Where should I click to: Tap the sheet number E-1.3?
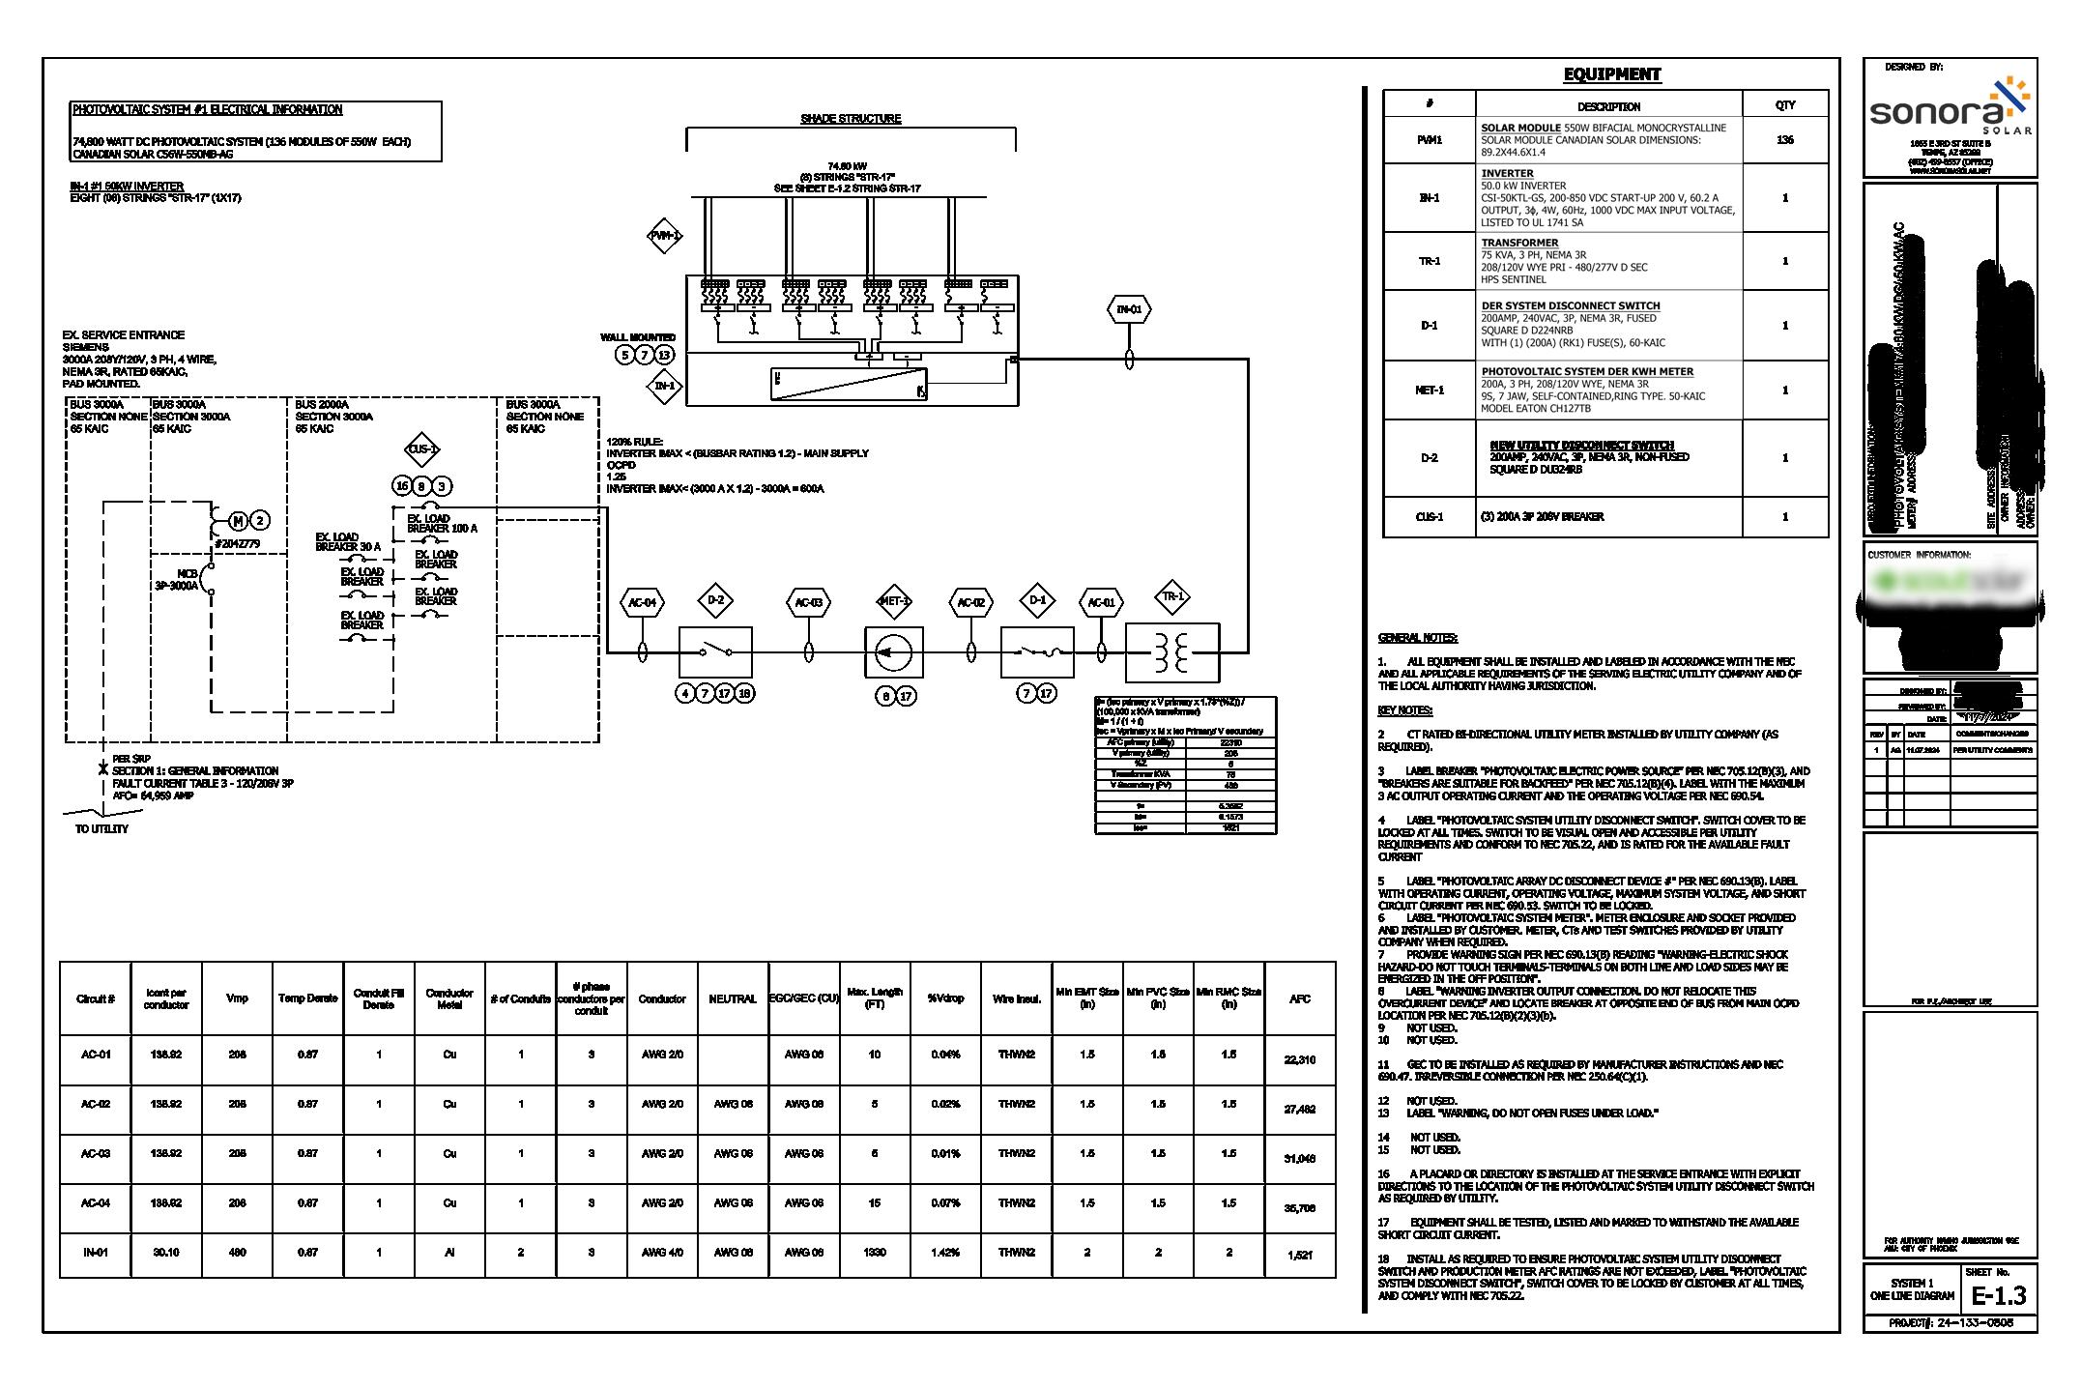(x=1998, y=1296)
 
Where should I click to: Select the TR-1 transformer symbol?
(x=1171, y=653)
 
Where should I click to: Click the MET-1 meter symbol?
(x=893, y=652)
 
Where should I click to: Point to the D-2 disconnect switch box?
(x=715, y=652)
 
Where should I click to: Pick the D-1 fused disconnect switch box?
(x=1036, y=652)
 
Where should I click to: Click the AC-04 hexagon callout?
(x=642, y=603)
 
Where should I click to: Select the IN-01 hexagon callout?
(x=1128, y=310)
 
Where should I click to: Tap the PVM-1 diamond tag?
(x=664, y=236)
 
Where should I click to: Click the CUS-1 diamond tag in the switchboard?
(x=422, y=449)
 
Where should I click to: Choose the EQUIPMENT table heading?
(x=1611, y=74)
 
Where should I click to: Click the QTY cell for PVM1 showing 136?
(x=1784, y=140)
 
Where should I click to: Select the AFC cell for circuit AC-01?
(x=1299, y=1060)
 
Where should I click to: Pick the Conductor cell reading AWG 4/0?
(x=662, y=1253)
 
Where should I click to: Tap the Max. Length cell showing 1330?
(x=874, y=1253)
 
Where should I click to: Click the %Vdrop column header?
(x=945, y=998)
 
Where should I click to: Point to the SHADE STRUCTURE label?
(x=851, y=119)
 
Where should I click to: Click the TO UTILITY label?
(x=101, y=829)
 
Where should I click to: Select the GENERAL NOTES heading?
(x=1417, y=638)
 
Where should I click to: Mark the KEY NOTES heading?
(x=1404, y=710)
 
